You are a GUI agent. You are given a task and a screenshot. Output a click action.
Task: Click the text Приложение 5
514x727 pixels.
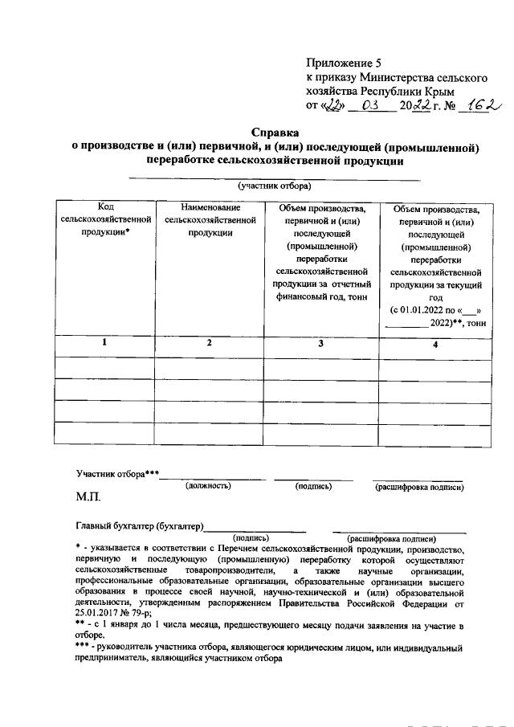(x=341, y=63)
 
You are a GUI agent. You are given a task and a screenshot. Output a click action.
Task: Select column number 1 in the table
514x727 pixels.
(x=104, y=343)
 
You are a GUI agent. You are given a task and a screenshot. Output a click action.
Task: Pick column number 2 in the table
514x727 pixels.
(x=210, y=343)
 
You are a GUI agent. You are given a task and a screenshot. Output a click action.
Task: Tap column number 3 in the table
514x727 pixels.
(x=320, y=344)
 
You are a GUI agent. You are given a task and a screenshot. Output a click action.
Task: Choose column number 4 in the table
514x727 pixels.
(x=435, y=345)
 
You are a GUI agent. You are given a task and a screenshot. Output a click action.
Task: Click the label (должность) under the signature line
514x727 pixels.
(x=208, y=486)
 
